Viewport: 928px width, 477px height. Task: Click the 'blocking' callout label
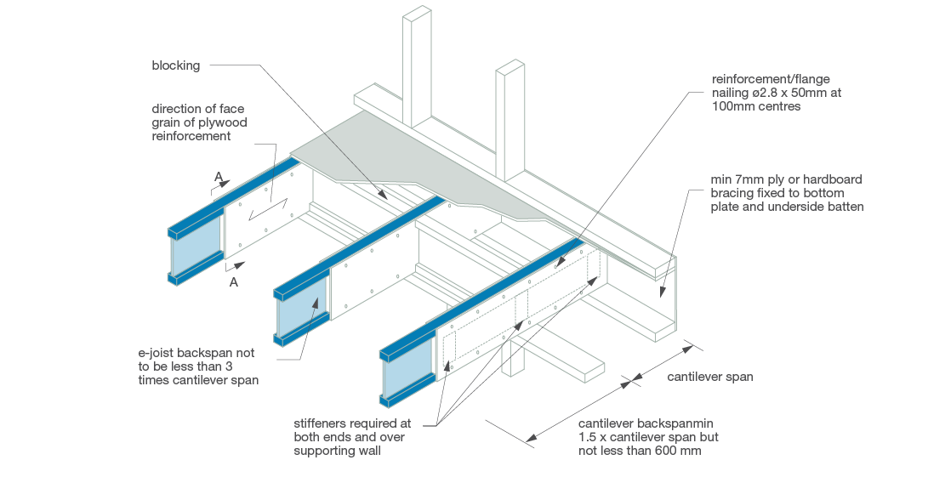[x=175, y=65]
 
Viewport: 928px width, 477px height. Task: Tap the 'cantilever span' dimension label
[x=709, y=377]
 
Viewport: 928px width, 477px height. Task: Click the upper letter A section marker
[x=219, y=177]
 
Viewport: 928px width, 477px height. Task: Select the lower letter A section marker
[x=234, y=282]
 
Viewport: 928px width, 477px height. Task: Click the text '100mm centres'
[x=755, y=107]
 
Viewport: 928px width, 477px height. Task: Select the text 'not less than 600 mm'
[x=640, y=451]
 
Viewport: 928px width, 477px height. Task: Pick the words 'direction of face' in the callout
[x=198, y=108]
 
